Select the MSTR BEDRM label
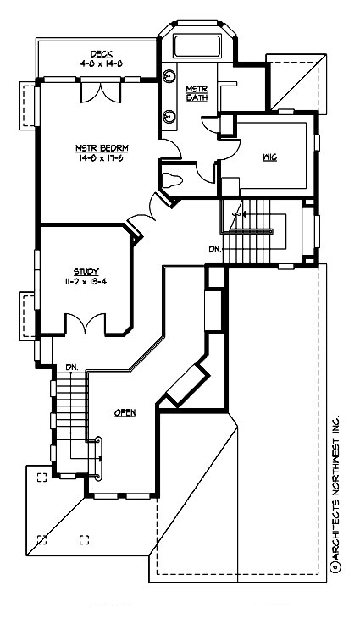99,147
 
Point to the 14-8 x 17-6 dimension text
99,157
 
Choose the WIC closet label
270,157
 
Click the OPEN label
125,413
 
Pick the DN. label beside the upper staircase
215,249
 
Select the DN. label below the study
72,367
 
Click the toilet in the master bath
173,179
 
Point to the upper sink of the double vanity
169,74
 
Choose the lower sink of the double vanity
169,114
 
